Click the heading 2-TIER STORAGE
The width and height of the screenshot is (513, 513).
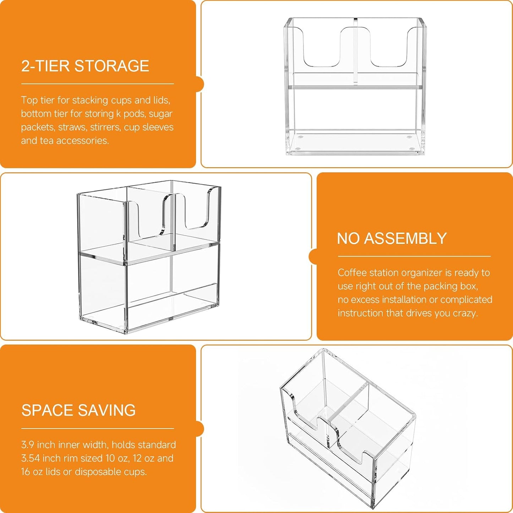[85, 66]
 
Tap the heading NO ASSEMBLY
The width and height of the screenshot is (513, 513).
[392, 238]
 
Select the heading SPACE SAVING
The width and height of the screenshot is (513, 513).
[78, 410]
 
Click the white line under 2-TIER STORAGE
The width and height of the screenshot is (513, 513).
[97, 83]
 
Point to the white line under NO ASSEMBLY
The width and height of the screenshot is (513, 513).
[414, 256]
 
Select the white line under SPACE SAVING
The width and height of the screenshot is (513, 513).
[97, 429]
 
